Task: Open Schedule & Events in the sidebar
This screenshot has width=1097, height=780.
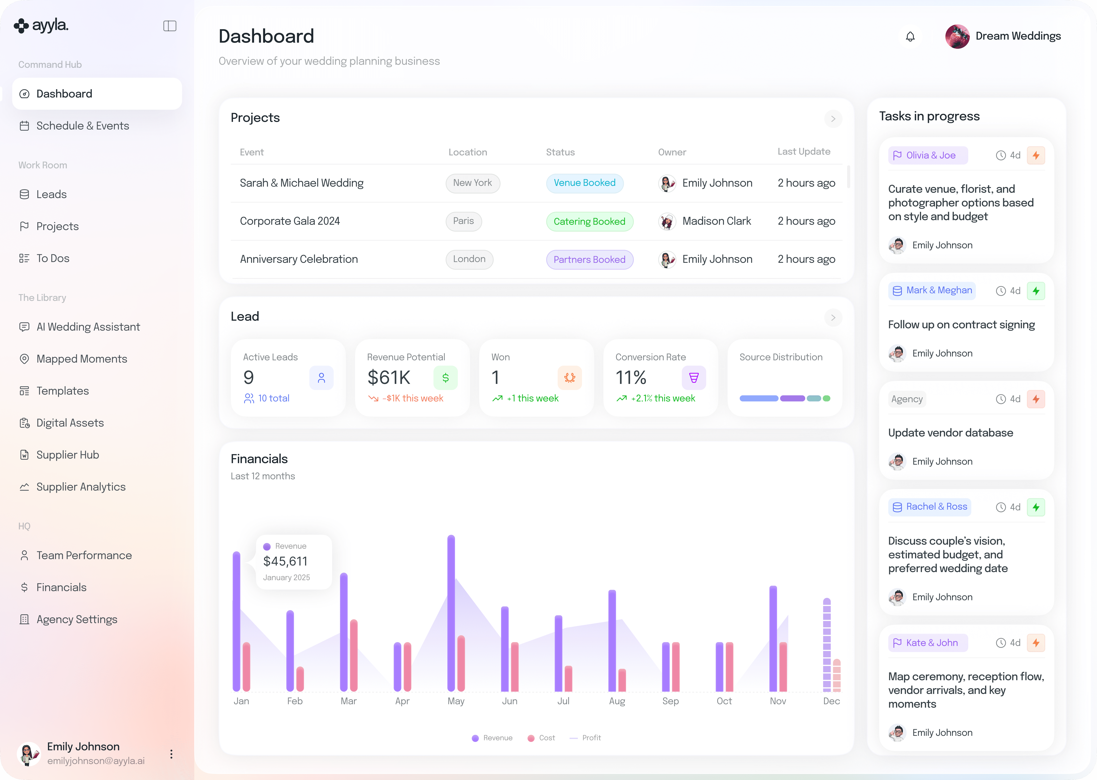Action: [83, 126]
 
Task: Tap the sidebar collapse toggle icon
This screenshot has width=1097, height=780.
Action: [170, 26]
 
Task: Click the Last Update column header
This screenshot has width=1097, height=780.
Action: [804, 152]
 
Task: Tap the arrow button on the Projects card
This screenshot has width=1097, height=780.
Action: [833, 119]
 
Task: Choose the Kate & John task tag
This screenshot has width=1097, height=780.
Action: [927, 643]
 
